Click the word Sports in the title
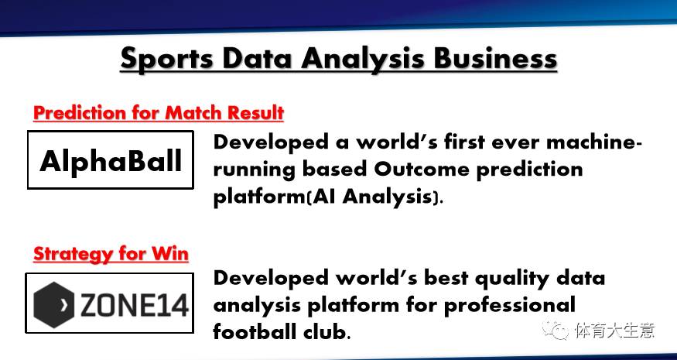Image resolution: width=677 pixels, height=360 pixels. tap(166, 59)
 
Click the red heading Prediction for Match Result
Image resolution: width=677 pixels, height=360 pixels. tap(159, 113)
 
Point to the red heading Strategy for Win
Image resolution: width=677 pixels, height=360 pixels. tap(111, 254)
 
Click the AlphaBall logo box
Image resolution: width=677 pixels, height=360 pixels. tap(111, 160)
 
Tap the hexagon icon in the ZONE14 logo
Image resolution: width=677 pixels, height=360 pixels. tap(54, 304)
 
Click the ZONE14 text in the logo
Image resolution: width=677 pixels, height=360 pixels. tap(133, 305)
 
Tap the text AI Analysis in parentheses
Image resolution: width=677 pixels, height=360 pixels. tap(373, 197)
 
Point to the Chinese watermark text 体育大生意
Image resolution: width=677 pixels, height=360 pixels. tap(615, 331)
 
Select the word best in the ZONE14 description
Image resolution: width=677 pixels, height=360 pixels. tap(445, 278)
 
